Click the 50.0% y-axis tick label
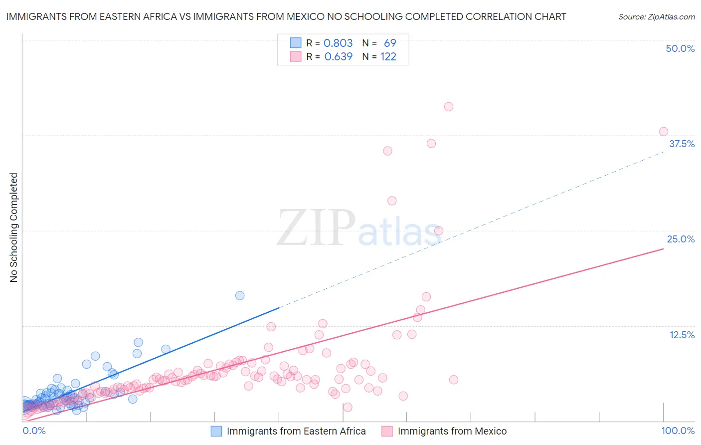click(680, 48)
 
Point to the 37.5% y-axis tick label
click(682, 144)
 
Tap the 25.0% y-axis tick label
click(681, 239)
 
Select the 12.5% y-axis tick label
click(682, 335)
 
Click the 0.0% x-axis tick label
click(34, 431)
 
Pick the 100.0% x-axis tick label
click(678, 431)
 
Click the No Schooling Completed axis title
click(14, 227)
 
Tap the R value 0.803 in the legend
click(339, 43)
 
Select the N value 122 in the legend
click(388, 56)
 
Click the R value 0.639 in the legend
click(339, 56)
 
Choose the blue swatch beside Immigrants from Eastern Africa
click(216, 431)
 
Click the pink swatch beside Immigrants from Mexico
click(387, 431)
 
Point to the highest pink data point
click(449, 107)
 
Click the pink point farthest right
click(664, 132)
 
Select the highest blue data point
click(240, 295)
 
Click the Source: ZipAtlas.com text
click(656, 17)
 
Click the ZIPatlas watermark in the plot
click(358, 228)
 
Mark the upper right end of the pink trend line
click(664, 248)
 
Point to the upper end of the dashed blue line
click(664, 152)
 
